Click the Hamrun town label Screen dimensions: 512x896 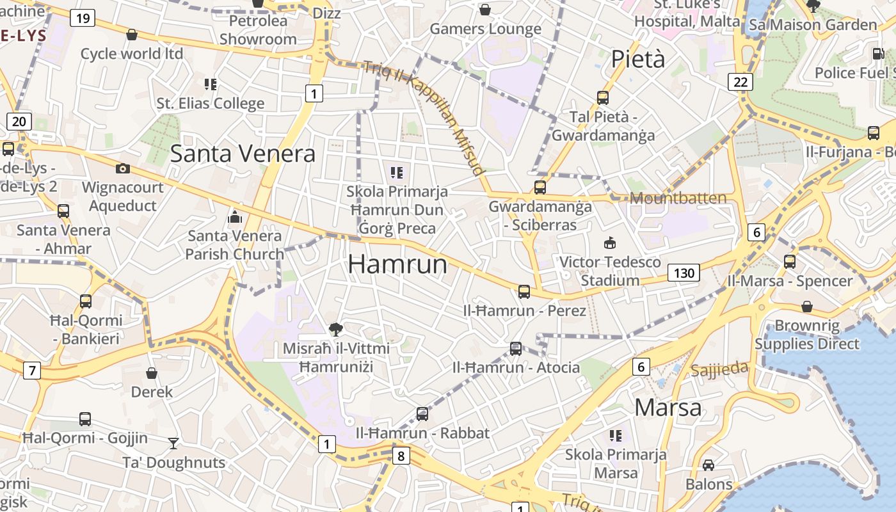397,264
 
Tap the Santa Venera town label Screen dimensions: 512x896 243,154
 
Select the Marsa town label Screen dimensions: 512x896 668,407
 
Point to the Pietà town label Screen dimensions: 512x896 638,59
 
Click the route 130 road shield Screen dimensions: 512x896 684,273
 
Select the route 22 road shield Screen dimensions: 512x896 740,82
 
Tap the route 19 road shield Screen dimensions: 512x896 83,18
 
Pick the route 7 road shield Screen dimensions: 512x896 31,370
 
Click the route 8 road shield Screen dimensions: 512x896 401,456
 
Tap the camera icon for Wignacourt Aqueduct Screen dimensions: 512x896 122,168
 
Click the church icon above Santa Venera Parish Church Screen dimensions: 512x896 235,218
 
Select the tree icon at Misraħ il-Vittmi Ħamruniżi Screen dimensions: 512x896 335,330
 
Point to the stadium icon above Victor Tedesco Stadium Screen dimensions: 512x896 609,243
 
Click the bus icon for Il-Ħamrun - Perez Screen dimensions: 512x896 524,292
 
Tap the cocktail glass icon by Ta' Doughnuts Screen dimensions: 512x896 173,443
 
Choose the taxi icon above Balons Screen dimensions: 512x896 708,465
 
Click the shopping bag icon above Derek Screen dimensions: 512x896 152,372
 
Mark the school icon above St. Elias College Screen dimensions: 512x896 211,84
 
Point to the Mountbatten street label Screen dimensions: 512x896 678,198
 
